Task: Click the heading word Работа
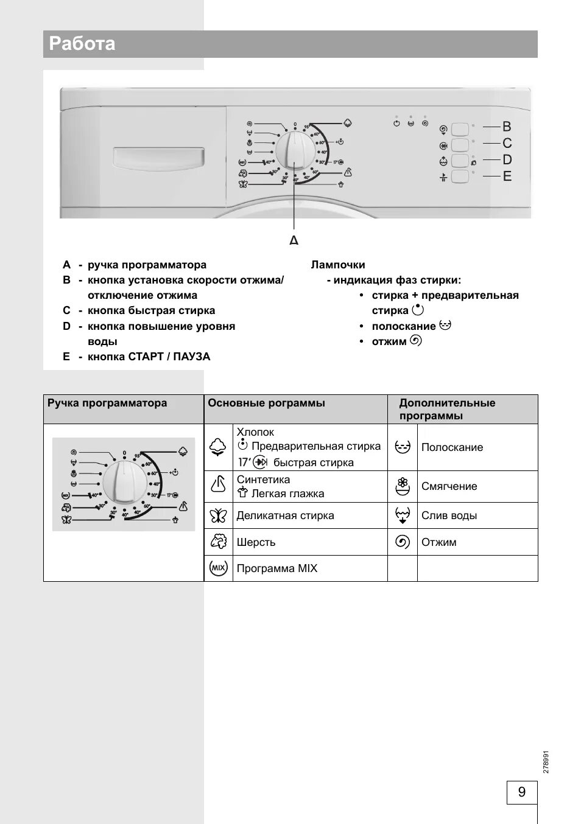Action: [82, 44]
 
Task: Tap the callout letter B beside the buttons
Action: [507, 127]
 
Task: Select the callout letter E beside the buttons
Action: [507, 176]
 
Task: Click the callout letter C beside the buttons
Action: [507, 144]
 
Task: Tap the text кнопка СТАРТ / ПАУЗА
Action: [149, 357]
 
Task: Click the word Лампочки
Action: [338, 265]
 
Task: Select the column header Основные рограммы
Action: [266, 403]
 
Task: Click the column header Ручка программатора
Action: [107, 403]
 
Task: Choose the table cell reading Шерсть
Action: [256, 542]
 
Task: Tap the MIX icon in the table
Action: [218, 568]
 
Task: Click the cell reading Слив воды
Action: [449, 515]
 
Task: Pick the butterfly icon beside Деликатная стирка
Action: [218, 516]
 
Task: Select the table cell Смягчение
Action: [449, 486]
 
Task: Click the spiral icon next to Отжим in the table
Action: [403, 542]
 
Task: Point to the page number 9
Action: [521, 792]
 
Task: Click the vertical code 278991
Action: [546, 761]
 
